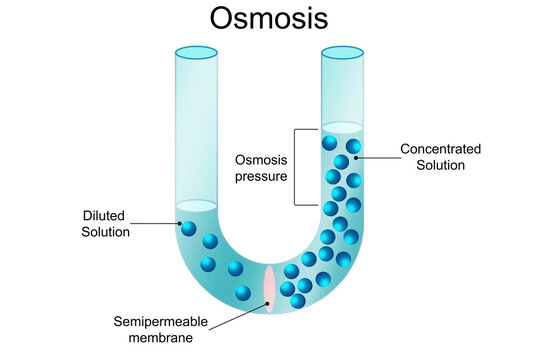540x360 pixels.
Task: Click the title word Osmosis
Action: (269, 19)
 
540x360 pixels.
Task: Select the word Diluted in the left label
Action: (105, 215)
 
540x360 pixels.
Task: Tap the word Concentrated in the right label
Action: (440, 149)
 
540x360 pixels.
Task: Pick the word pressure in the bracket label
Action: (261, 176)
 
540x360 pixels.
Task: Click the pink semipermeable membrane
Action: (269, 287)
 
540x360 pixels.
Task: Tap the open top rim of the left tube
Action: (196, 52)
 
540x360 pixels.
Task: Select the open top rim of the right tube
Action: (342, 52)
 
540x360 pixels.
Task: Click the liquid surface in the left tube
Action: (196, 206)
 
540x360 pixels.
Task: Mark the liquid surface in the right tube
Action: (342, 127)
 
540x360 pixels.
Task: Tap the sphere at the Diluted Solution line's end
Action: (186, 227)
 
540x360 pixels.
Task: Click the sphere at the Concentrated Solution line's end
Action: (354, 147)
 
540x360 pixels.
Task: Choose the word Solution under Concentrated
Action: (440, 165)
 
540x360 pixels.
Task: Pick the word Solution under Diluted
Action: (106, 232)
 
